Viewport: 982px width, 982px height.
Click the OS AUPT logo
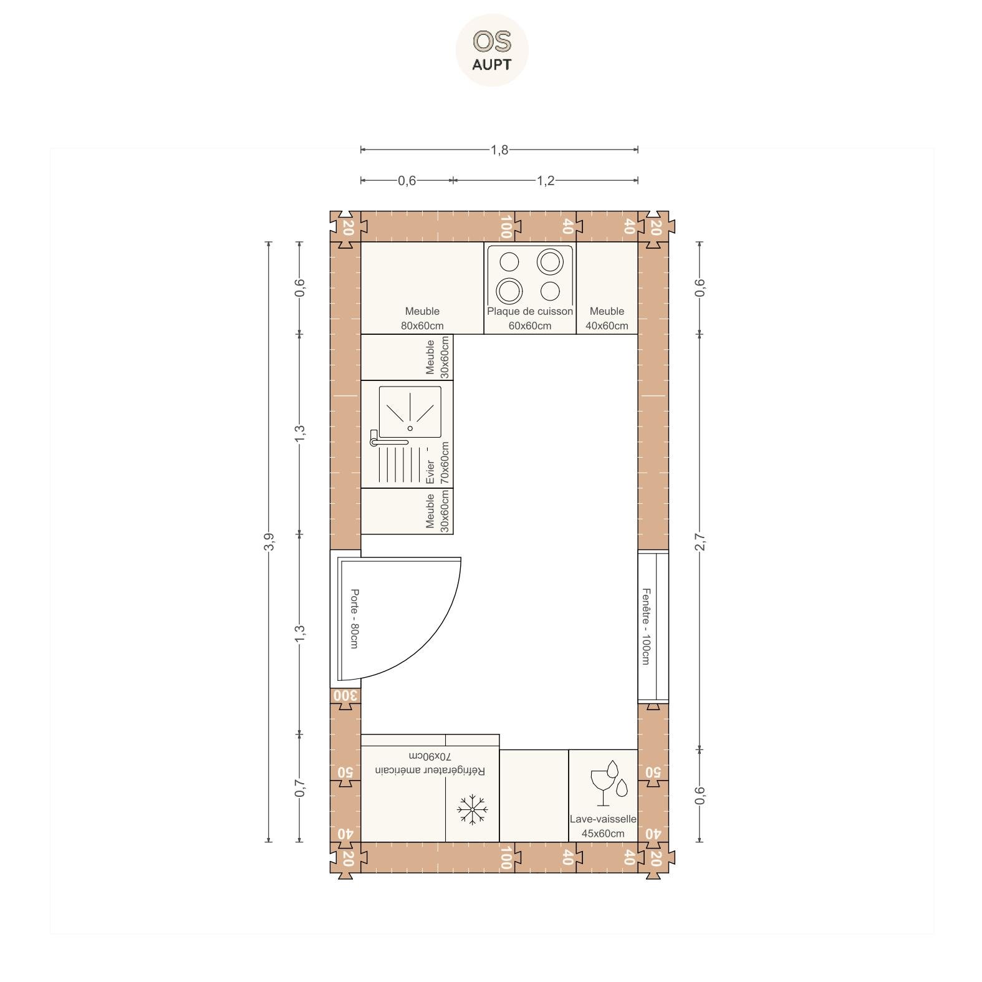point(492,50)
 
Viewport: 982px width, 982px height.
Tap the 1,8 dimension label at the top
point(499,150)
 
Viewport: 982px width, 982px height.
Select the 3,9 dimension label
point(269,542)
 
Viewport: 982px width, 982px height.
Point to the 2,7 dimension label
point(700,542)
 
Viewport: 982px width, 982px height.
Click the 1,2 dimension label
point(546,181)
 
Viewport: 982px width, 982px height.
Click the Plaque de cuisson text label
point(530,311)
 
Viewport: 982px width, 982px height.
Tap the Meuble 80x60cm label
point(422,318)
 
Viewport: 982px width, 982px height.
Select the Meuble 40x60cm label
point(607,318)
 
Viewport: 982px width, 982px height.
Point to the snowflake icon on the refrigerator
point(473,810)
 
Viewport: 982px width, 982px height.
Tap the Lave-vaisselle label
point(603,819)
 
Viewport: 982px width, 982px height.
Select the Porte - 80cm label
point(354,619)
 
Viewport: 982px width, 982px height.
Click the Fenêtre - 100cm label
point(646,626)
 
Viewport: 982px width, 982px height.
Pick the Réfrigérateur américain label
point(430,771)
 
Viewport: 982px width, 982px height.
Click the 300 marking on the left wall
point(345,695)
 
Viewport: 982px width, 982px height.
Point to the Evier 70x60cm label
point(437,463)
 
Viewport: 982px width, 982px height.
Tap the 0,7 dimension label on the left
point(301,787)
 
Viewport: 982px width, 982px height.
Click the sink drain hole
point(410,428)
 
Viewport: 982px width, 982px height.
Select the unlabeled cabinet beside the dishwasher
point(534,796)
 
